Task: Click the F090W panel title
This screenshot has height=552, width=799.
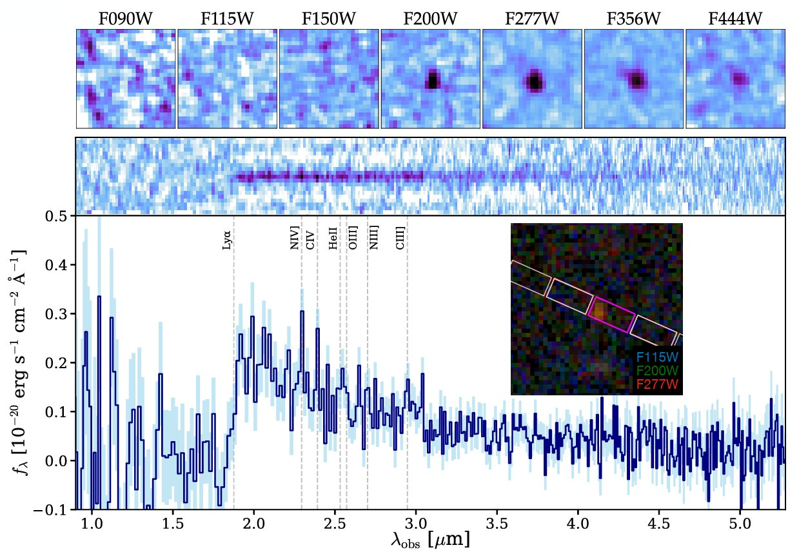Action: click(125, 19)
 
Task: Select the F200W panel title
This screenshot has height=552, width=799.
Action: click(430, 19)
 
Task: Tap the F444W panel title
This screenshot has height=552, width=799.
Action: click(735, 19)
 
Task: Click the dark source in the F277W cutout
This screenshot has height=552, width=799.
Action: click(534, 81)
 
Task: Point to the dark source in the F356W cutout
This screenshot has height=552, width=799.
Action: click(636, 80)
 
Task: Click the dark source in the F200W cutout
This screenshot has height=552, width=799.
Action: click(433, 80)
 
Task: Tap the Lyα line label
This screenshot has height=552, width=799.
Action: click(226, 241)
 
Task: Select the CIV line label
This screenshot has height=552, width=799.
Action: click(310, 241)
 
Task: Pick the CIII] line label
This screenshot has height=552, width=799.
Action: click(400, 238)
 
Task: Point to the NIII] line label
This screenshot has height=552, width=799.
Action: click(373, 238)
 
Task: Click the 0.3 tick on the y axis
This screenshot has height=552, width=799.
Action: click(57, 314)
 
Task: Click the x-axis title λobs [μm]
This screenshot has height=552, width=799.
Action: click(430, 539)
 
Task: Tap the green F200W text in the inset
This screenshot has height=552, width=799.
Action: click(657, 371)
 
